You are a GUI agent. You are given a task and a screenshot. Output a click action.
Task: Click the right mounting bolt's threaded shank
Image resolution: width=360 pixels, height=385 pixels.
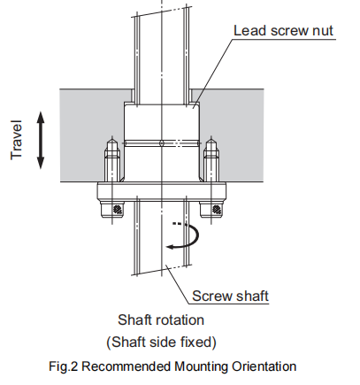click(x=211, y=161)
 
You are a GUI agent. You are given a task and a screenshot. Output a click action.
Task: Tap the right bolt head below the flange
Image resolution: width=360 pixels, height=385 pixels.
click(x=215, y=209)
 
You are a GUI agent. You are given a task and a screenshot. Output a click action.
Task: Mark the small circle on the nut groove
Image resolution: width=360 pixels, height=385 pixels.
click(x=161, y=142)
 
